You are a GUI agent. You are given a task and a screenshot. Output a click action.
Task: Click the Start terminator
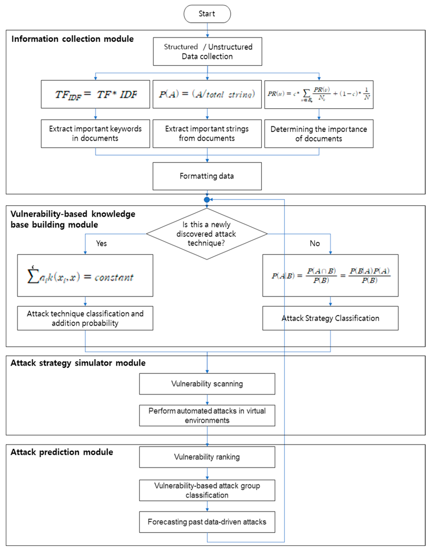[207, 14]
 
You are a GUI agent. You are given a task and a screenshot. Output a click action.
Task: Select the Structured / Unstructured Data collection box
[207, 52]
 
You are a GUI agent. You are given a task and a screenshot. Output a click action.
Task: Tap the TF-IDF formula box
[95, 94]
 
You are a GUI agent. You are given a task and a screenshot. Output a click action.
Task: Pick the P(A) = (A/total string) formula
[207, 94]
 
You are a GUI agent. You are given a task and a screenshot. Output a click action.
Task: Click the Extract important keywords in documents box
[95, 134]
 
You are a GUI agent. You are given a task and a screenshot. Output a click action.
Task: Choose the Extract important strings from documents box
[207, 134]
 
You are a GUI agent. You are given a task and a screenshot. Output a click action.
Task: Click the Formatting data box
[207, 176]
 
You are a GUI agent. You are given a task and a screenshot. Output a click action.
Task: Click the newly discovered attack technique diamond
[207, 234]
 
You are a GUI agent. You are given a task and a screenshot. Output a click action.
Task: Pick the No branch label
[315, 243]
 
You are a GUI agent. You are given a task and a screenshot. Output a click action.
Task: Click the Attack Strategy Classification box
[330, 318]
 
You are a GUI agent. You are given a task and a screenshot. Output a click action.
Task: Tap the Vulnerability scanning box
[207, 384]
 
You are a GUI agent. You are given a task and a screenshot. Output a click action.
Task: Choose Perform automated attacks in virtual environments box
[207, 415]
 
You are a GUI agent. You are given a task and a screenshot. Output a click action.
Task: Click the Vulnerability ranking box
[207, 457]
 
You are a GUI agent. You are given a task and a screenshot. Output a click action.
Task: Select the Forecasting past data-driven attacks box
[207, 522]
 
